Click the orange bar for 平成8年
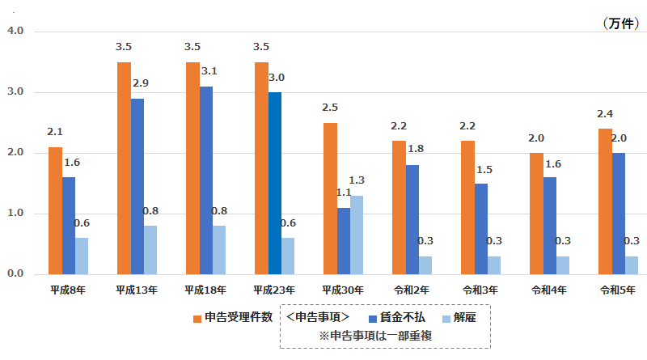click(x=55, y=210)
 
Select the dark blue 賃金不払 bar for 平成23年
click(x=275, y=183)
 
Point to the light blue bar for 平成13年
click(x=151, y=250)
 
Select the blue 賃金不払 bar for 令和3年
click(x=481, y=229)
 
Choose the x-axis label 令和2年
click(x=410, y=290)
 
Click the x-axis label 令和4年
click(x=548, y=290)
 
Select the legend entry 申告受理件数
click(x=232, y=317)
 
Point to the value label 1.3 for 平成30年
click(x=357, y=180)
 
